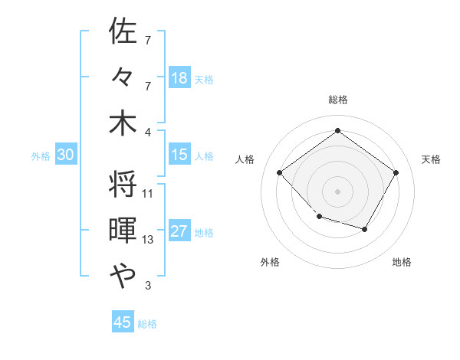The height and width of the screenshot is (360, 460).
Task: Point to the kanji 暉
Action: click(123, 231)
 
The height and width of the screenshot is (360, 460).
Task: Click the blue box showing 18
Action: click(179, 77)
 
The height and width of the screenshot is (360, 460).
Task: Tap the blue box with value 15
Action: click(179, 155)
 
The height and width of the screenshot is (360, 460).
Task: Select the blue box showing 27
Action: click(179, 232)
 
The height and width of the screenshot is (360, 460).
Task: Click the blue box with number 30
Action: click(66, 155)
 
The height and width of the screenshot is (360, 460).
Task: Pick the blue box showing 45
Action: click(123, 322)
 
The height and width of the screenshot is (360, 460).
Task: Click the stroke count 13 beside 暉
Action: click(148, 240)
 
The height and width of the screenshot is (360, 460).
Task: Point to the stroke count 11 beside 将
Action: click(148, 194)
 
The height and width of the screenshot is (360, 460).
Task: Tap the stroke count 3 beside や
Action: click(148, 286)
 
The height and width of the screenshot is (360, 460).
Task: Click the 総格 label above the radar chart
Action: click(337, 100)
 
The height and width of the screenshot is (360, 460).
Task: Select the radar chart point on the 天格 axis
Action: click(396, 173)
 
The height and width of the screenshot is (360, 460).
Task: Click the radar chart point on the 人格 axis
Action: click(280, 173)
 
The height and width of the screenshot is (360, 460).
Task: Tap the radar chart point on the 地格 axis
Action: click(365, 229)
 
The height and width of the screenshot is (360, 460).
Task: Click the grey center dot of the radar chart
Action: click(337, 191)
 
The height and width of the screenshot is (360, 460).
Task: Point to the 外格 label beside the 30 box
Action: click(41, 155)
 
